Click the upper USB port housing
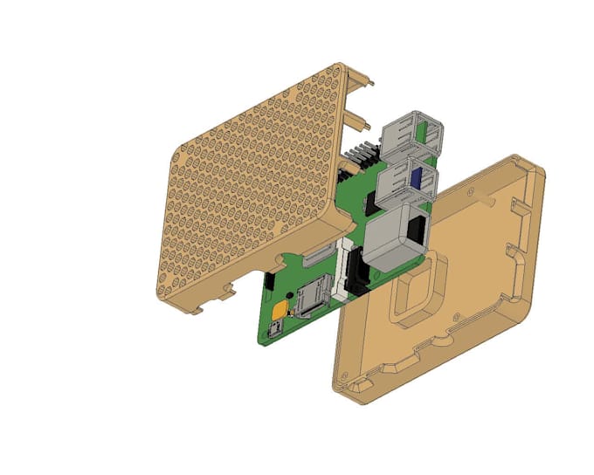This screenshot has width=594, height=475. (411, 132)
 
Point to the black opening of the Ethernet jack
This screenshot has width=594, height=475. (418, 231)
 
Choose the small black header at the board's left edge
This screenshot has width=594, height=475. (270, 282)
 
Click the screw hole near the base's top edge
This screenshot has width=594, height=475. (472, 188)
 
